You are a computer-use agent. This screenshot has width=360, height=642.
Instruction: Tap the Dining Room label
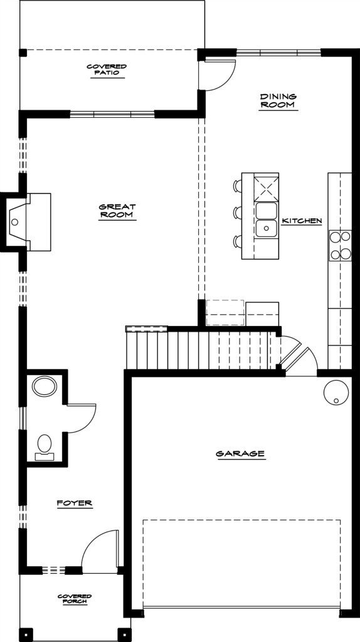[x=278, y=101]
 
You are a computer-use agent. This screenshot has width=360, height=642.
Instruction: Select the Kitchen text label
[x=302, y=221]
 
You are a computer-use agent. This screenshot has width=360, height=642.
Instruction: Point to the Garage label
[x=240, y=454]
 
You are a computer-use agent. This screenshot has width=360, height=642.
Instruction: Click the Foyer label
[x=75, y=503]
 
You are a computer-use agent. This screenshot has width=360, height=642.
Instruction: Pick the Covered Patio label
[x=107, y=70]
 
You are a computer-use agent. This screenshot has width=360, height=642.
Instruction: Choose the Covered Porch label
[x=75, y=599]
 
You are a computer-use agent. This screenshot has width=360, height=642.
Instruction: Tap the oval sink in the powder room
[x=45, y=386]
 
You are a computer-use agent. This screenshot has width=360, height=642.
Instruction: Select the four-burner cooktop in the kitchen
[x=341, y=246]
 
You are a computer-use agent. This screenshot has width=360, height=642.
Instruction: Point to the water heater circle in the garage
[x=336, y=392]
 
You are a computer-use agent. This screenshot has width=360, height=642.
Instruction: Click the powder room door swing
[x=82, y=418]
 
